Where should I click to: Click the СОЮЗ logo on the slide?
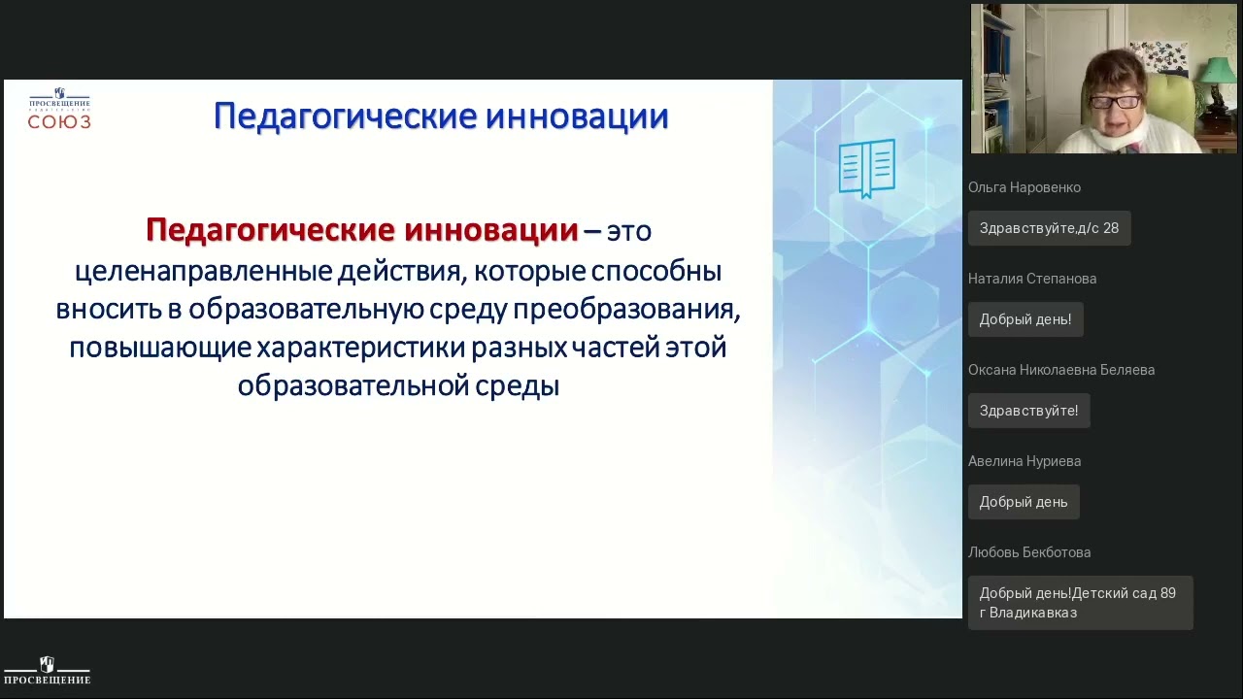click(x=59, y=109)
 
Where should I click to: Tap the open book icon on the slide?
click(x=866, y=168)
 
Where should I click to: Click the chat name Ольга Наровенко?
click(x=1024, y=187)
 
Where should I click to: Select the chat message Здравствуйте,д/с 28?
click(x=1049, y=228)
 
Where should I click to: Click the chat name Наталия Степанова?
click(x=1031, y=279)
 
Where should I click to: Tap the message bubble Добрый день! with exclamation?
click(x=1025, y=319)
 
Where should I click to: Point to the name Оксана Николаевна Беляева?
click(x=1060, y=370)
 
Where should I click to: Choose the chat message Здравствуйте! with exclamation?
click(x=1028, y=411)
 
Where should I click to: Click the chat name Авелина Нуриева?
click(x=1024, y=461)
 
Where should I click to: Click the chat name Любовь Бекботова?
click(x=1028, y=552)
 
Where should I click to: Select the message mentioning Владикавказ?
click(x=1079, y=603)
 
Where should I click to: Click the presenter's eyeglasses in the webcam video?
click(x=1116, y=100)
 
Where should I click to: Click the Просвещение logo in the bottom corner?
click(x=47, y=671)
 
